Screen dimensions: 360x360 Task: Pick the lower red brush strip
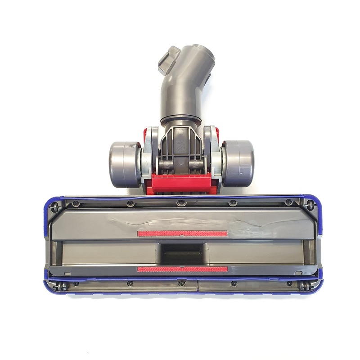coord(182,269)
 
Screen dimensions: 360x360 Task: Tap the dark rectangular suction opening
coord(183,254)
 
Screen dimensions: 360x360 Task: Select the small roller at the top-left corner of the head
coord(54,207)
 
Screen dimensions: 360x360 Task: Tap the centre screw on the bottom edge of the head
coord(181,283)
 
